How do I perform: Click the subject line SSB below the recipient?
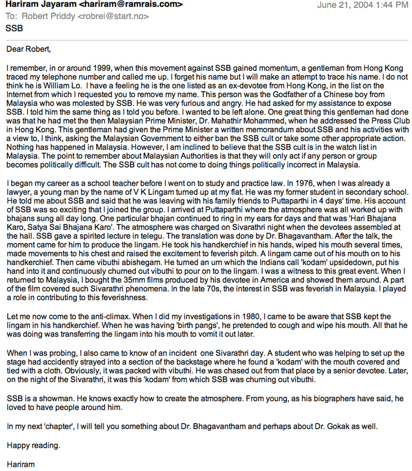(14, 29)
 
